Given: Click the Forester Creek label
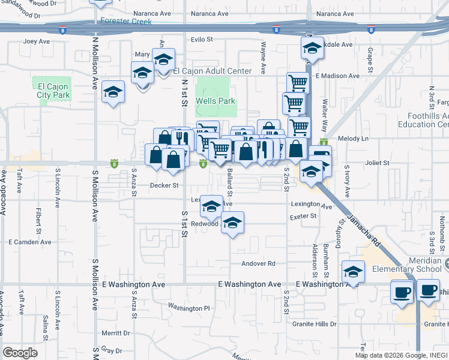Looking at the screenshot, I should point(126,21).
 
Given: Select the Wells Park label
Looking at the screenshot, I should point(215,101).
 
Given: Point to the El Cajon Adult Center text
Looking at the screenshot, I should point(212,71).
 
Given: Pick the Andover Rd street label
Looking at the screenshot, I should point(258,263).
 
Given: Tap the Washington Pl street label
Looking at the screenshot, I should point(188,308).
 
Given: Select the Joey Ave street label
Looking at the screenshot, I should point(37,42).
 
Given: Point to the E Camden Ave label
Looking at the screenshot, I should point(28,242).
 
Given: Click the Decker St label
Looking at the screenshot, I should point(164,185).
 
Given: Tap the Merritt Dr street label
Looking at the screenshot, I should point(116,333).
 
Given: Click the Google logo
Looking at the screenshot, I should point(20,353).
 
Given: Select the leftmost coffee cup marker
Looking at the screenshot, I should point(401,292).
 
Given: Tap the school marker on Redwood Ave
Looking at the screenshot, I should point(232,224).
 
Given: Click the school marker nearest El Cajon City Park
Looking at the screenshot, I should point(112,92).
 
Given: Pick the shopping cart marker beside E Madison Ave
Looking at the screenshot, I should point(297,83).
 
